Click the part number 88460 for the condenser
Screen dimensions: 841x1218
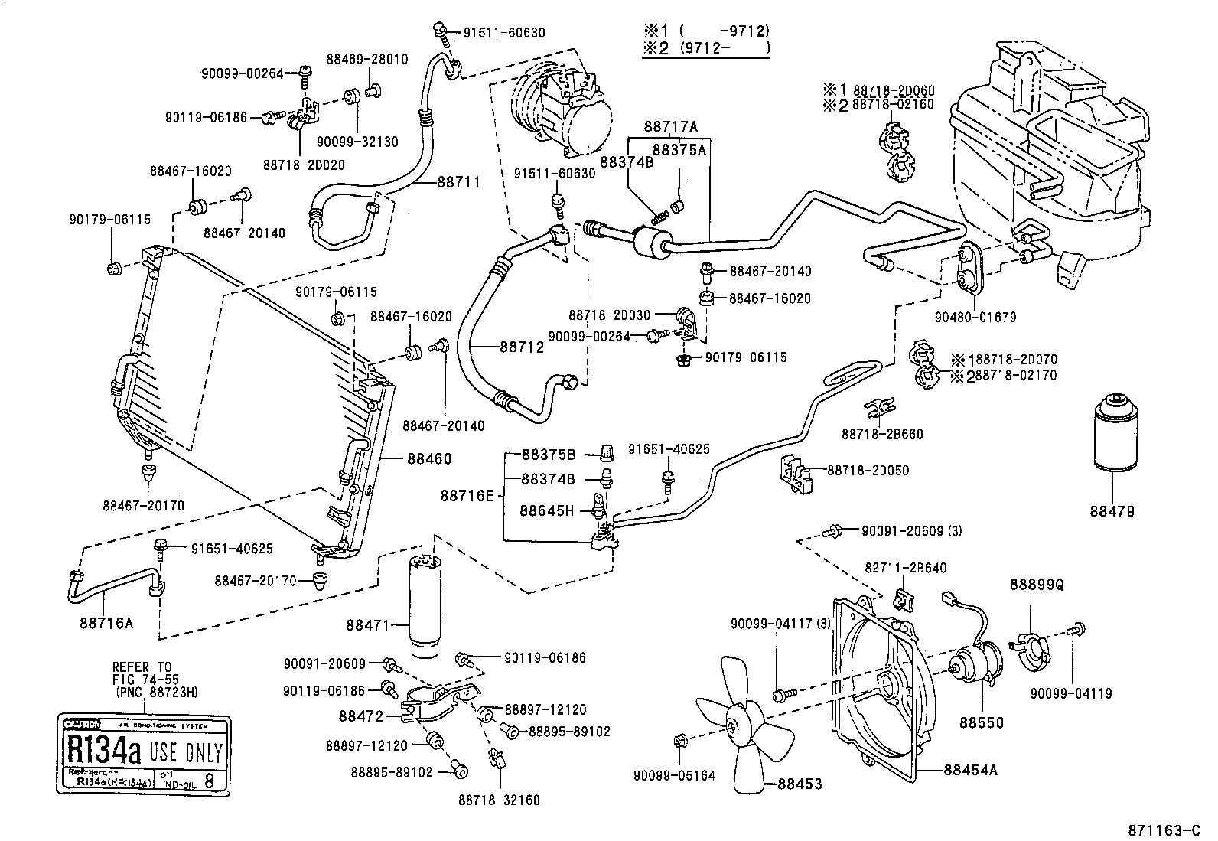coord(429,459)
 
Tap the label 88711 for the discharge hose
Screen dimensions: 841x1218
coord(458,182)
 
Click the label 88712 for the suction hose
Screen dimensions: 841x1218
coord(522,347)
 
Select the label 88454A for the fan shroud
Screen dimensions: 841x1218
coord(970,770)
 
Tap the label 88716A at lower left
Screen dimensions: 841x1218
coord(106,622)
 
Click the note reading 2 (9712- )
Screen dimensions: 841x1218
coord(705,48)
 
